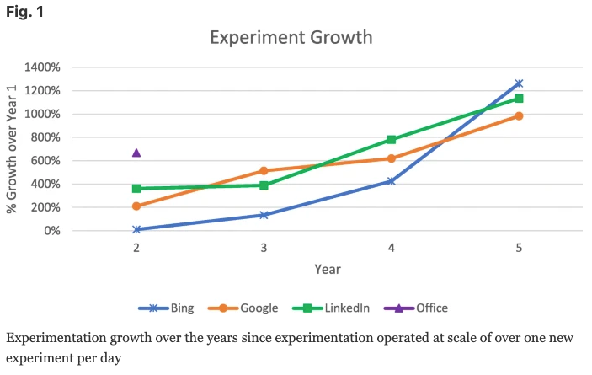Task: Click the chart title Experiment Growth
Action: click(291, 38)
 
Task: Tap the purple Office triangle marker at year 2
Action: click(136, 153)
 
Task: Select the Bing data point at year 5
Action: click(519, 83)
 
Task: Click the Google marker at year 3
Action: click(264, 171)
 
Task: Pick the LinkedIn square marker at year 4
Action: click(392, 140)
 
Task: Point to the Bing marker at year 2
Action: click(136, 229)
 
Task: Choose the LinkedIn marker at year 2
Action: click(136, 189)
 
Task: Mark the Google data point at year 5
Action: click(519, 115)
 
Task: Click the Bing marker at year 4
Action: click(392, 181)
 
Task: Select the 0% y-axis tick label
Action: click(52, 231)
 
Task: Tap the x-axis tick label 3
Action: click(264, 249)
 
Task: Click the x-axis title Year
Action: click(328, 269)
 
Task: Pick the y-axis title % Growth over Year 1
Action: click(13, 148)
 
